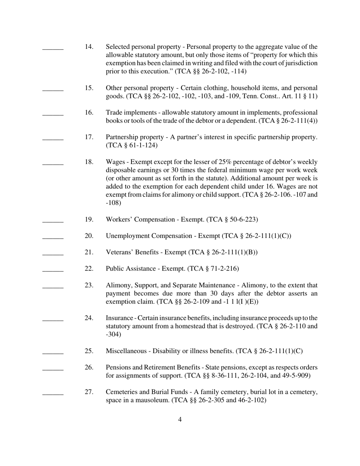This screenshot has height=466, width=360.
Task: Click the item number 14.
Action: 89,47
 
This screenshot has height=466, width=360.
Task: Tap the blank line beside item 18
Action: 53,164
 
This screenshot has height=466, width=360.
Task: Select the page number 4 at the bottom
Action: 180,419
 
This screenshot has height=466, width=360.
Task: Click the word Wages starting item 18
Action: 116,162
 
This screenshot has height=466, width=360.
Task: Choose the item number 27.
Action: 89,392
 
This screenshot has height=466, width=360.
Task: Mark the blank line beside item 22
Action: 53,271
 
